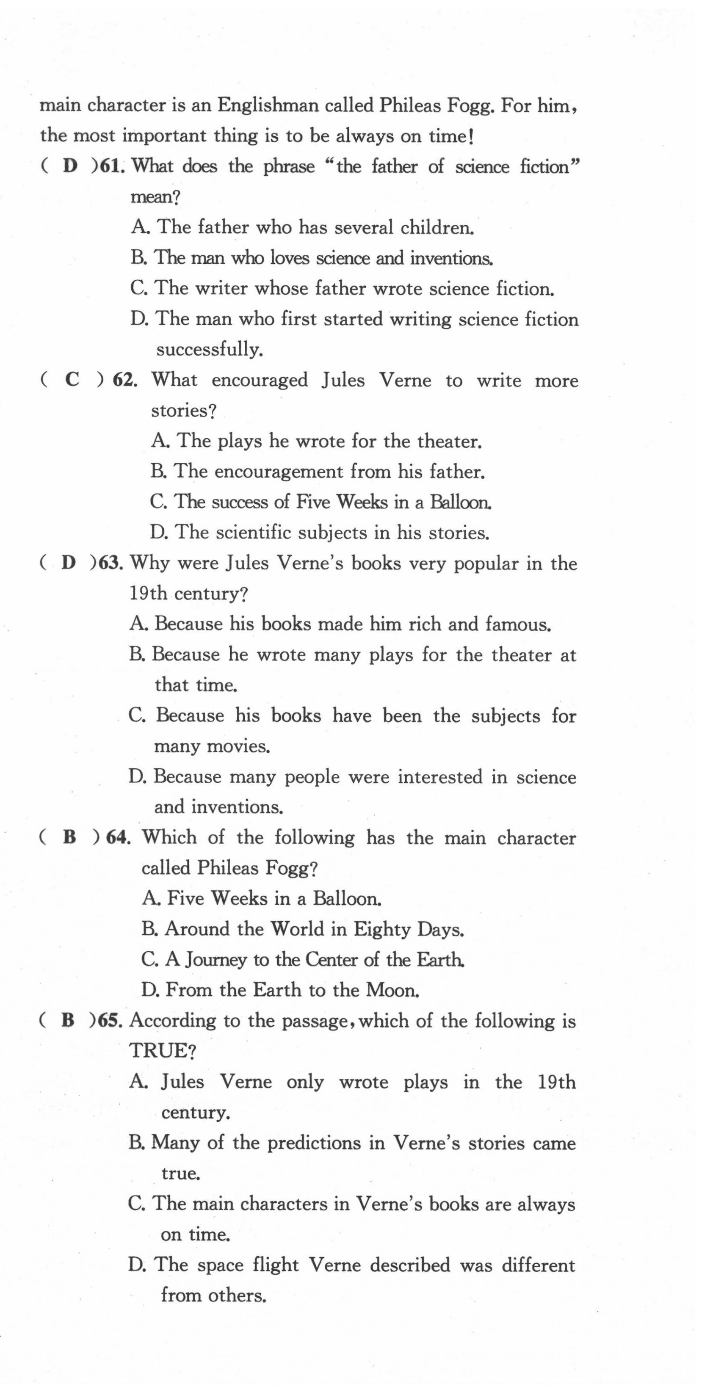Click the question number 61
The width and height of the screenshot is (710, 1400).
113,166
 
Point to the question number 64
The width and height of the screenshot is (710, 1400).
117,837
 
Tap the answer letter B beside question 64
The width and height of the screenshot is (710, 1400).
69,837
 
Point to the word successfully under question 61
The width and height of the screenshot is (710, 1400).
210,349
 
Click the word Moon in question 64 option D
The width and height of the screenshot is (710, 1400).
392,990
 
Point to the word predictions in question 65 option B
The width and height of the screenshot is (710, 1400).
314,1143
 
